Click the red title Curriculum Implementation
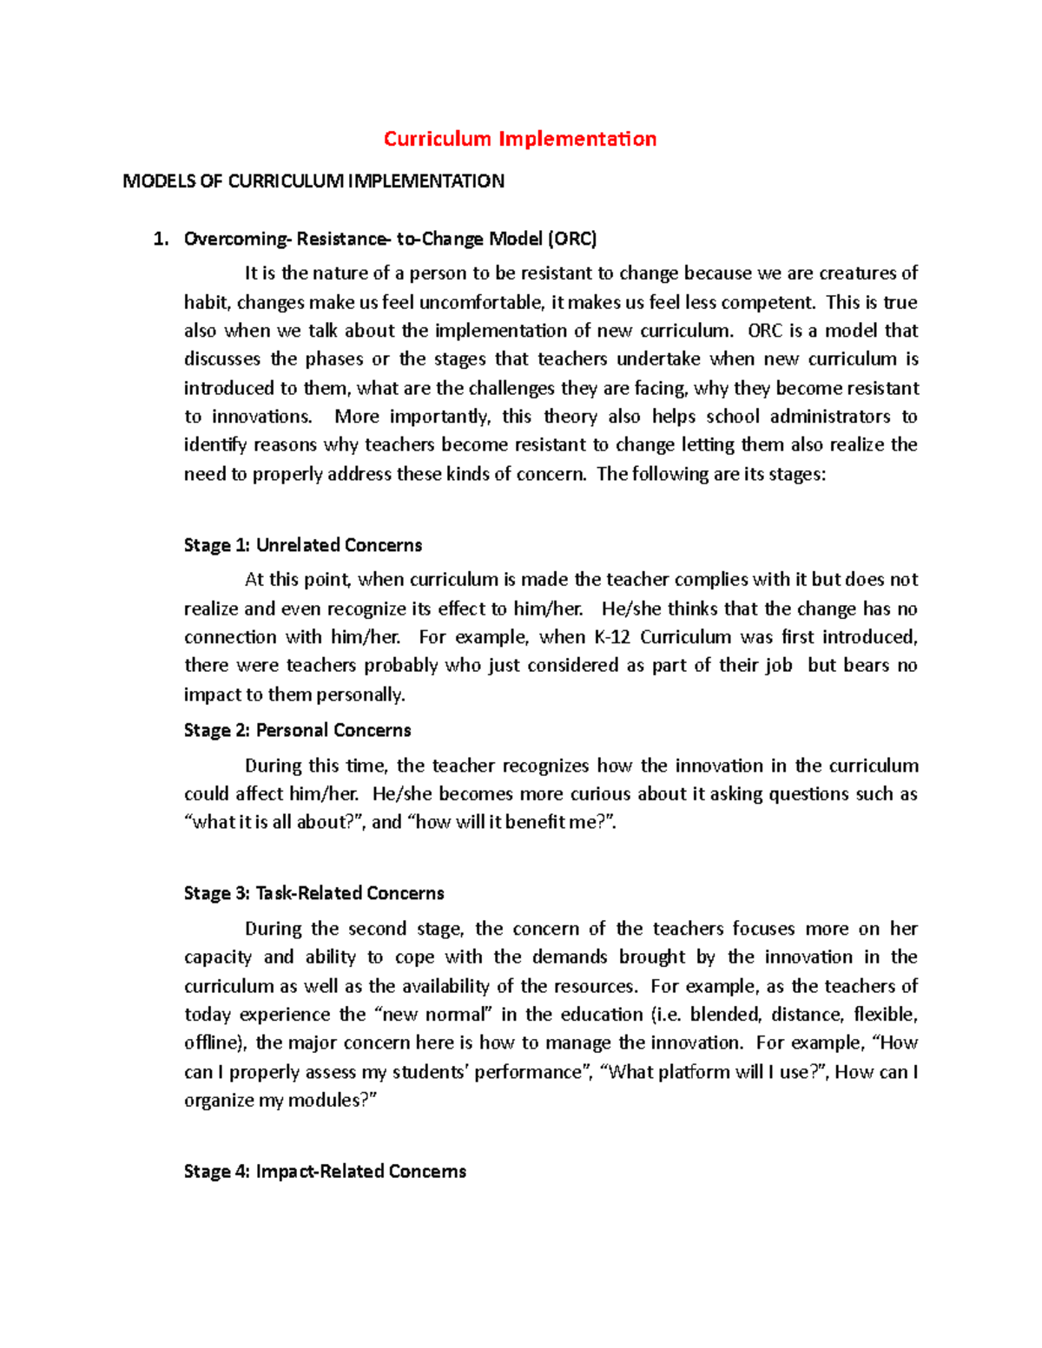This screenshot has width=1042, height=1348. (x=520, y=139)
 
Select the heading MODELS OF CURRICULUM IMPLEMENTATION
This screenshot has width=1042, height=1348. (x=313, y=181)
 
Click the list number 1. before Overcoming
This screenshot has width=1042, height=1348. (x=160, y=239)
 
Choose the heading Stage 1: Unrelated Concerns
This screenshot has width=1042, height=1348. (x=303, y=545)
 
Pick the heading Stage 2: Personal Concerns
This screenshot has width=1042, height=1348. (x=297, y=730)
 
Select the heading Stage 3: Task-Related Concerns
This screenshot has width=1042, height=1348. (x=313, y=893)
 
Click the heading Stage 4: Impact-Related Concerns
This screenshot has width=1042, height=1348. (x=325, y=1171)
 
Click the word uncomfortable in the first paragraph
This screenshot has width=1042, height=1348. (x=481, y=302)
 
